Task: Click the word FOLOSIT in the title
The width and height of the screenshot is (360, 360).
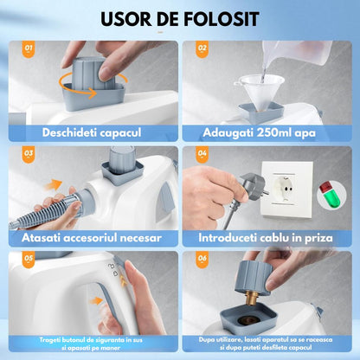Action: [221, 19]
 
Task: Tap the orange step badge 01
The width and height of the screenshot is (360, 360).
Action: [29, 49]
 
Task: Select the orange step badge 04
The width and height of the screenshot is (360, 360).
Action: [202, 154]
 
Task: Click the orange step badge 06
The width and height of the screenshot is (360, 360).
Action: [202, 260]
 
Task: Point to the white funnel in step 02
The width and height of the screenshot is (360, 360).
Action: [259, 91]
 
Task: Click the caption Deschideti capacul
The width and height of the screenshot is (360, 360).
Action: [92, 133]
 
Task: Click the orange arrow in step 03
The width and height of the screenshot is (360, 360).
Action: [53, 185]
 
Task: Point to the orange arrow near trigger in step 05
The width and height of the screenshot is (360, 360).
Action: [96, 301]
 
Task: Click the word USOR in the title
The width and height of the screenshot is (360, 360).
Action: [125, 19]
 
